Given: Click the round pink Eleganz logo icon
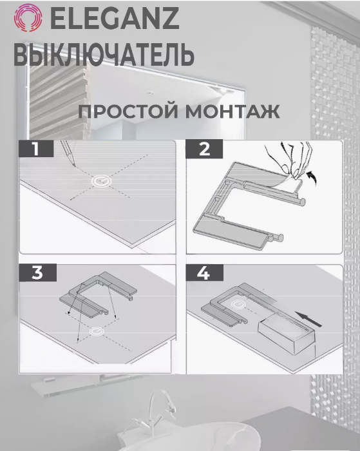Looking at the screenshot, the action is [x=28, y=17].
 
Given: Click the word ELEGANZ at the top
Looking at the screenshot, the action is [x=115, y=18].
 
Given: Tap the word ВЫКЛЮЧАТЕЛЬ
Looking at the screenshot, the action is [x=104, y=55].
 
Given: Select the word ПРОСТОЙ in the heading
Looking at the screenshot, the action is [x=128, y=111].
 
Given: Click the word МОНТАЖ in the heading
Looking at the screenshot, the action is [x=232, y=111].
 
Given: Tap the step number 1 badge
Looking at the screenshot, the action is [x=36, y=149].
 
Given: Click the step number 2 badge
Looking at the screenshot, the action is [x=204, y=149].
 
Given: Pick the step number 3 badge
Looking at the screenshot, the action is [x=37, y=273].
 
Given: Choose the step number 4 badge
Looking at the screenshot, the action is [x=204, y=273].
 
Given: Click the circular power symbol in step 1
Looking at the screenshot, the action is [x=102, y=181].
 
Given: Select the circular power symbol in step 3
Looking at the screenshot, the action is [x=97, y=331].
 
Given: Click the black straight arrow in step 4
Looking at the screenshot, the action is [x=309, y=320].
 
